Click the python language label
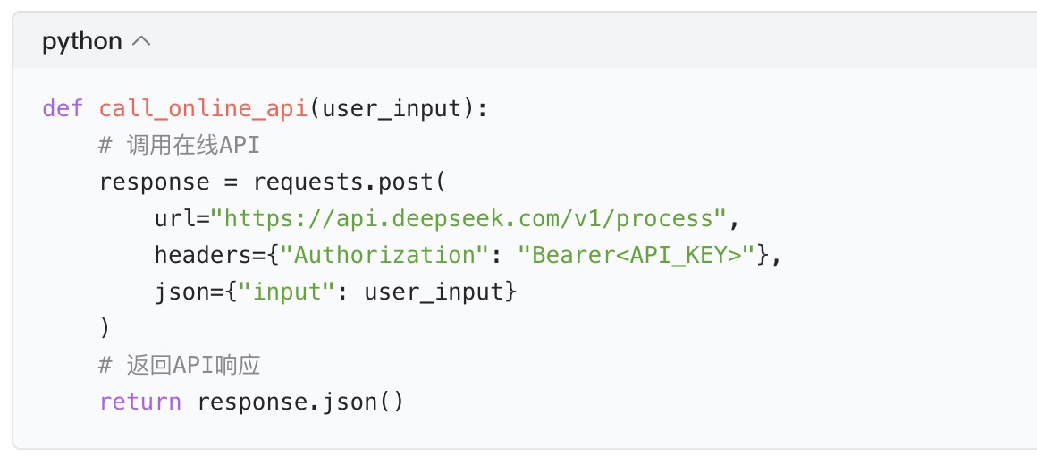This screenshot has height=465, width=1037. pyautogui.click(x=81, y=41)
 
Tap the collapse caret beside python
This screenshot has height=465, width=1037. pyautogui.click(x=141, y=41)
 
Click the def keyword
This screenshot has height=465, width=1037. pyautogui.click(x=63, y=109)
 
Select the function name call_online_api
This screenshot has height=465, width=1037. pyautogui.click(x=204, y=109)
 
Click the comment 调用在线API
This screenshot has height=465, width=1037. pyautogui.click(x=179, y=146)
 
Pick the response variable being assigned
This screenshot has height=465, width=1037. pyautogui.click(x=154, y=182)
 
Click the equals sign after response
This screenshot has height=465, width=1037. pyautogui.click(x=231, y=182)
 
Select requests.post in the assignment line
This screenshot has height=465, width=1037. pyautogui.click(x=343, y=182)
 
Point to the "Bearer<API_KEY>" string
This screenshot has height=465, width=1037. pyautogui.click(x=637, y=256)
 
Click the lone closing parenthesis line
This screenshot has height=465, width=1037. pyautogui.click(x=105, y=329)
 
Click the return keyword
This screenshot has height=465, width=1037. pyautogui.click(x=140, y=402)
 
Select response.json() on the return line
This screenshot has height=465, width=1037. pyautogui.click(x=300, y=402)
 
